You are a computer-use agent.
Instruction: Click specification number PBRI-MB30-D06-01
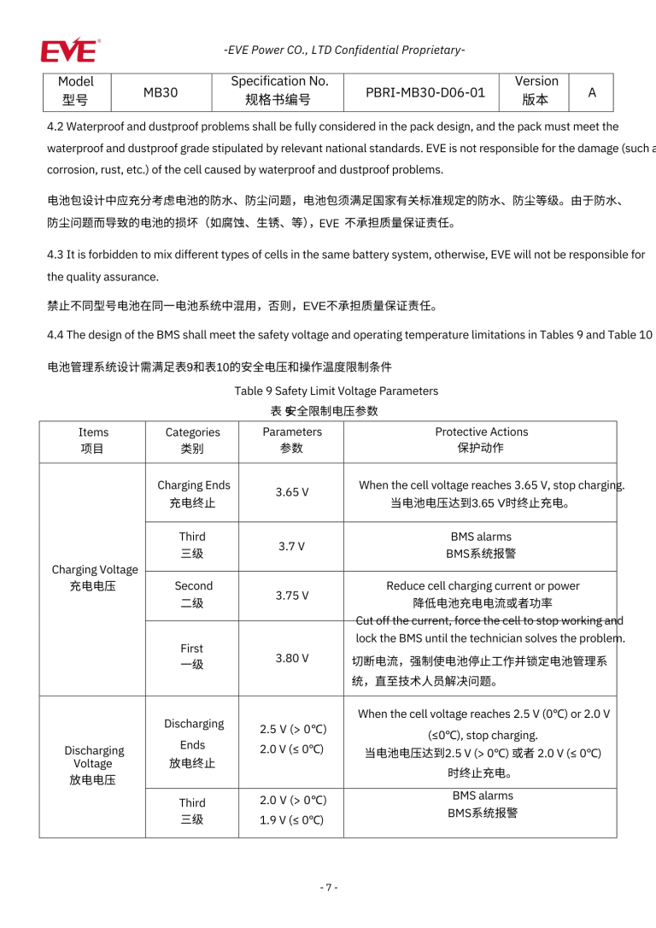tap(425, 91)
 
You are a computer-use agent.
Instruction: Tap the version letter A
tap(592, 91)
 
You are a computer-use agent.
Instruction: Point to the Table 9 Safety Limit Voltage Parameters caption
tap(337, 391)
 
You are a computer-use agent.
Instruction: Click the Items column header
tap(93, 440)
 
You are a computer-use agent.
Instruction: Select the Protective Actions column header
tap(481, 440)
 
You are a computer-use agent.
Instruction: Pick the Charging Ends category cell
tap(193, 493)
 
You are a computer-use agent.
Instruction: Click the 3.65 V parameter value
tap(292, 492)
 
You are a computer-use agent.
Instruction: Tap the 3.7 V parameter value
tap(291, 545)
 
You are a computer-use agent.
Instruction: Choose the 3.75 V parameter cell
tap(292, 595)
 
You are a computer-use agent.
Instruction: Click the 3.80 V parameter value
tap(292, 658)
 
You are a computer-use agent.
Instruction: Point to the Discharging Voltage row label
tap(93, 764)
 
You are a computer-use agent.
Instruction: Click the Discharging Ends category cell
tap(193, 743)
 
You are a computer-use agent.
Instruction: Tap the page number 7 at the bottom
tap(329, 887)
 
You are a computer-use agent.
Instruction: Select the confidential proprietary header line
tap(344, 50)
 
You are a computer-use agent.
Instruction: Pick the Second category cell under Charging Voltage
tap(193, 594)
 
